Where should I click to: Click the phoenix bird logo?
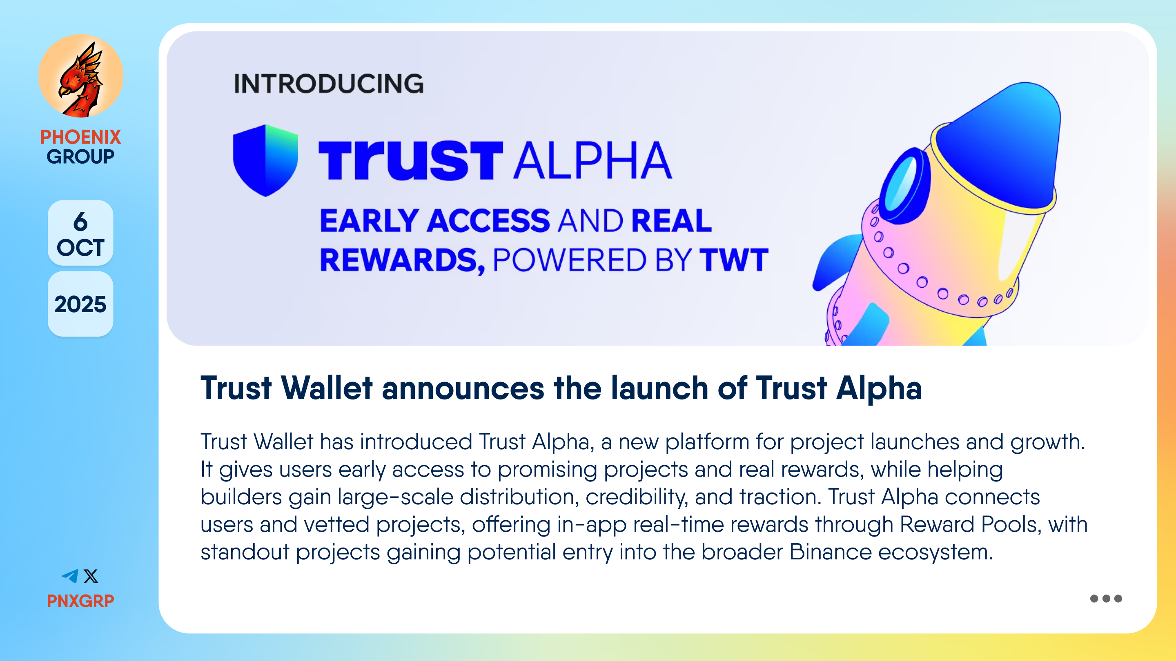81,76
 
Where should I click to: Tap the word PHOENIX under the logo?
80,137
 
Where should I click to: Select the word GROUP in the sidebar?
80,156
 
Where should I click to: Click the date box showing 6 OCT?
80,233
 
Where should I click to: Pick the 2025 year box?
80,304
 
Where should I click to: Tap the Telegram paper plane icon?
70,576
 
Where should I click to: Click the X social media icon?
91,576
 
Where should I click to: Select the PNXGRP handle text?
80,601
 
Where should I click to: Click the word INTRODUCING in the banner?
329,84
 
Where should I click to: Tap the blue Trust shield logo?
265,161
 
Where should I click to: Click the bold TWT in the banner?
734,260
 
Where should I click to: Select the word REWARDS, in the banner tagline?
402,261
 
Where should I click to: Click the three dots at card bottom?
1106,599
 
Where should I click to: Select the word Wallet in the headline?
327,388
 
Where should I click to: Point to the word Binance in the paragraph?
831,552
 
